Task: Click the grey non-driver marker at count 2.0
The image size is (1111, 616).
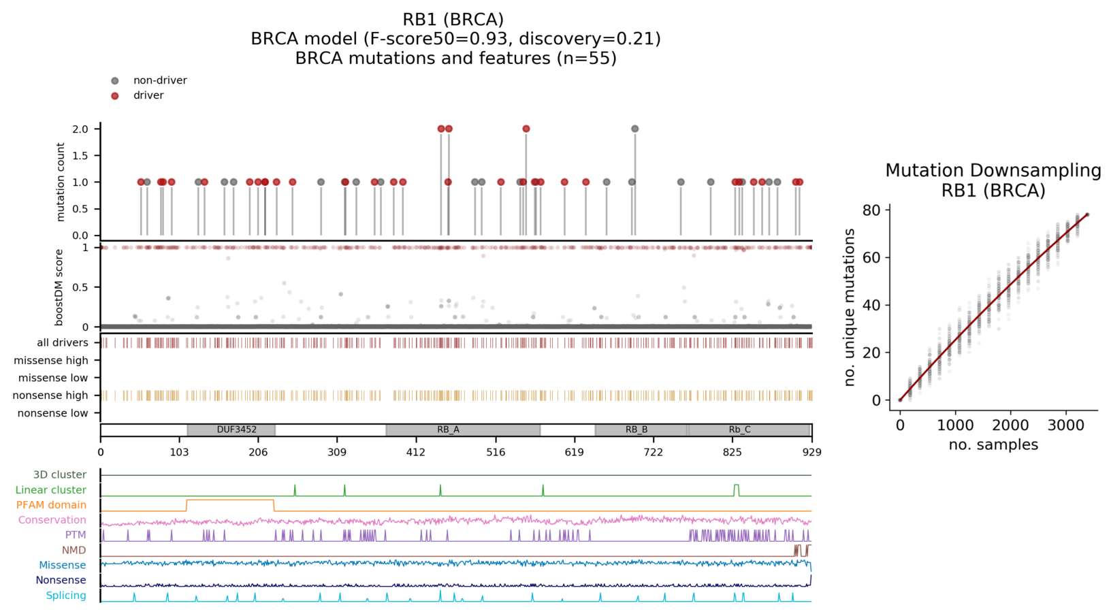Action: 634,129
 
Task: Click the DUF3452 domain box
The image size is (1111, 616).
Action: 231,430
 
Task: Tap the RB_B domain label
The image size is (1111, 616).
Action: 637,430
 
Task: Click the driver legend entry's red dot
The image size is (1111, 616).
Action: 115,96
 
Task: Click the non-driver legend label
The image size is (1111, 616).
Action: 160,80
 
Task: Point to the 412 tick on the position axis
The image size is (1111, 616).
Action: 416,452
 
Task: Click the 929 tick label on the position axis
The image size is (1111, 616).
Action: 811,452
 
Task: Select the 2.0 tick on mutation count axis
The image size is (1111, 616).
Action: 80,129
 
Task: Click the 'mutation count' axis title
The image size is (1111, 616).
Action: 61,182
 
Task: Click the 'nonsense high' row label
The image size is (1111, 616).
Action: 51,395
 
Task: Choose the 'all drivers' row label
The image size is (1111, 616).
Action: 62,343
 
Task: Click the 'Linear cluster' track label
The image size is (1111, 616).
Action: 51,490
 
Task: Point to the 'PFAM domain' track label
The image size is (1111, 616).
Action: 51,505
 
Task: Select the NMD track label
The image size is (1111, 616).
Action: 74,550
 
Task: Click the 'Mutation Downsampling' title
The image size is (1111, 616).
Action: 993,171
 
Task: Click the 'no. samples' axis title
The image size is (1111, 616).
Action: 993,445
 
